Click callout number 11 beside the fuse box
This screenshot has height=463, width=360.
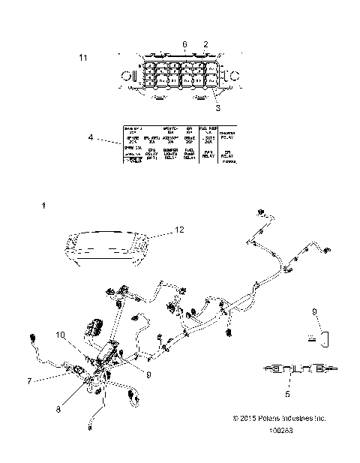pyautogui.click(x=83, y=57)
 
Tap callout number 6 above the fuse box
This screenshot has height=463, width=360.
pyautogui.click(x=185, y=45)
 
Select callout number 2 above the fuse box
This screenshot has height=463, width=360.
pyautogui.click(x=205, y=45)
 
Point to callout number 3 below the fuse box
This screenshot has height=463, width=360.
pyautogui.click(x=218, y=107)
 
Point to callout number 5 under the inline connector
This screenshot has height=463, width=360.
pyautogui.click(x=288, y=392)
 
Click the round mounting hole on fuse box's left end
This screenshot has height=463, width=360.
pyautogui.click(x=126, y=75)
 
